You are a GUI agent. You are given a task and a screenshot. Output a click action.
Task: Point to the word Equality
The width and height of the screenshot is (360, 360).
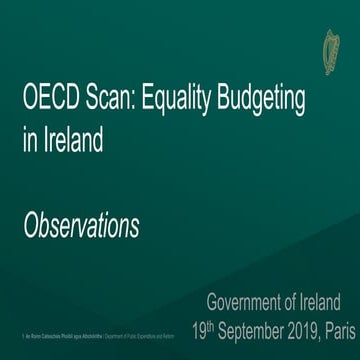coord(181,101)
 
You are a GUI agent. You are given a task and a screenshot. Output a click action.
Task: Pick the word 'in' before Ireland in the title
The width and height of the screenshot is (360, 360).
coord(29,142)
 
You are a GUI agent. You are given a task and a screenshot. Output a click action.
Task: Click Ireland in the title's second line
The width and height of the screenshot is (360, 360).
coord(72,142)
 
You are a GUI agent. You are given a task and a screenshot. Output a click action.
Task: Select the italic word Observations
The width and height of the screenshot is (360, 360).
coord(81,226)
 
